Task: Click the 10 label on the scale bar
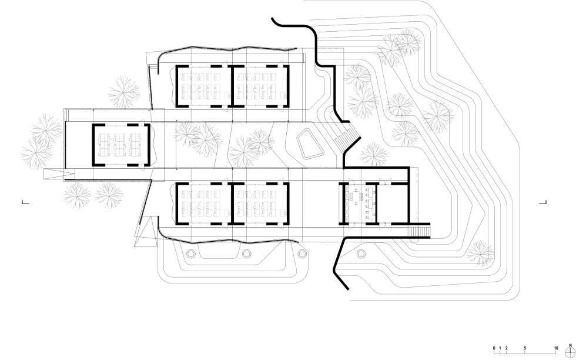[555, 348]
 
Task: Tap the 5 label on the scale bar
[525, 348]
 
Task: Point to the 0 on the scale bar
[494, 348]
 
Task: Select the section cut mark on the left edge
[25, 202]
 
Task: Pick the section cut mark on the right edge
[543, 202]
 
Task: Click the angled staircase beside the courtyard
[343, 141]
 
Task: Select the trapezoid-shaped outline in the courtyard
[310, 145]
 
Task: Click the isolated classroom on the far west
[120, 144]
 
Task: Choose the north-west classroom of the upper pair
[201, 86]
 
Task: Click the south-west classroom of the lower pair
[201, 203]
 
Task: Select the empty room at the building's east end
[394, 200]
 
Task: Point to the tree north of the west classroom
[124, 93]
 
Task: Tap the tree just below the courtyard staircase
[371, 155]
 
